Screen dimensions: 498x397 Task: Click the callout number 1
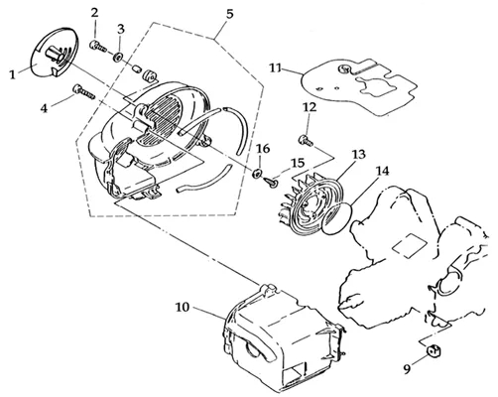click(x=13, y=75)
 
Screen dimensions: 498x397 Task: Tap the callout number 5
click(x=229, y=14)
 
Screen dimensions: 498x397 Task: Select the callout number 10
click(x=183, y=308)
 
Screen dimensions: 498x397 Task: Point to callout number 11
click(x=276, y=68)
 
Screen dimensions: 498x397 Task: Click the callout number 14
click(x=383, y=171)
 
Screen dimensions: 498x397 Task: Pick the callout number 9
click(x=408, y=368)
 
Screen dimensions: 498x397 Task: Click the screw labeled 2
click(x=97, y=47)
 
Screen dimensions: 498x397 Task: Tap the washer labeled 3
click(x=117, y=58)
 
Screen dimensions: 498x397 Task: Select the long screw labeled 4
click(x=83, y=91)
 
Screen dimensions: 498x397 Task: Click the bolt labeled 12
click(x=306, y=141)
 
